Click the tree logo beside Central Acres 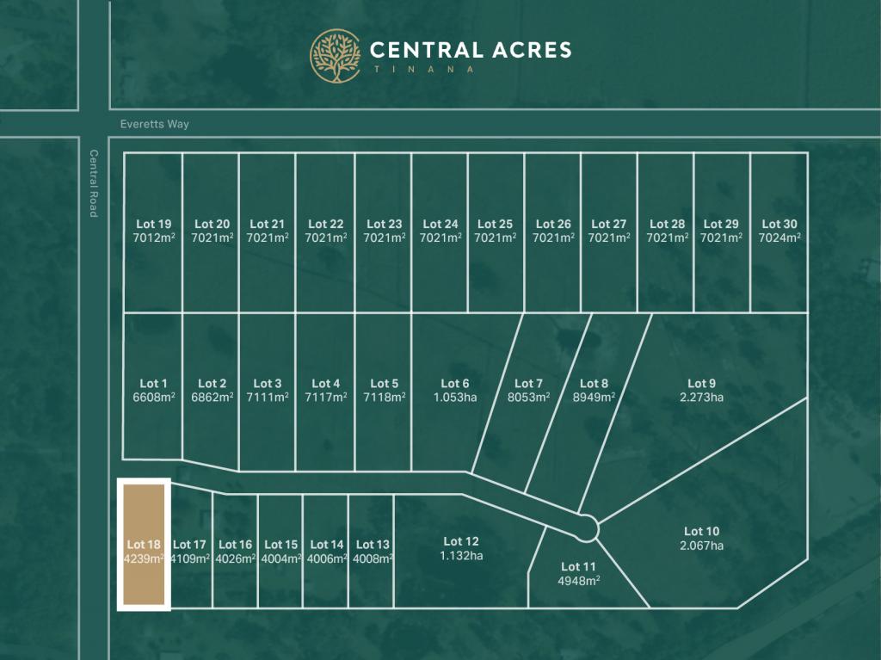pos(336,56)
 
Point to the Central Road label pos(94,183)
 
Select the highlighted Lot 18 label pos(144,544)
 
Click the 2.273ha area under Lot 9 pos(701,398)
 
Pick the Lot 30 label pos(779,225)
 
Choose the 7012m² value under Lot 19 pos(153,237)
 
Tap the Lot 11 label pos(578,566)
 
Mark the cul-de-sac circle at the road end pos(588,527)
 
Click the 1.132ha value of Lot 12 pos(461,555)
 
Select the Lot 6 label pos(455,384)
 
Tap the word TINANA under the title pos(422,70)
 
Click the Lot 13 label pos(373,544)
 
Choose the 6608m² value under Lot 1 pos(153,398)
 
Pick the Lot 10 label pos(701,532)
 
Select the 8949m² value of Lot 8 pos(594,398)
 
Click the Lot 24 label pos(440,225)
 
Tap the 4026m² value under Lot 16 pos(236,558)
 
